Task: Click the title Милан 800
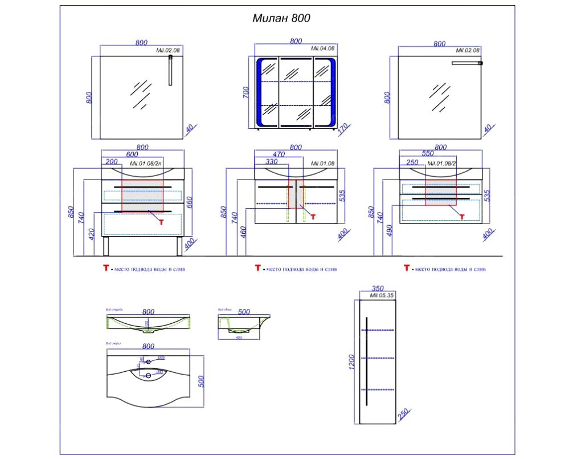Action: coord(281,18)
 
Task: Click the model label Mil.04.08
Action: coord(322,50)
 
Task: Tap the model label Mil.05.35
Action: coord(382,296)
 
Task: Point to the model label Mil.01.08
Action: coord(323,163)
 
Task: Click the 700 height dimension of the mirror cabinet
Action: coord(246,91)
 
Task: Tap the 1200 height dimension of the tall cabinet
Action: coord(351,361)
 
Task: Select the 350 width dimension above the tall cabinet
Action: coord(377,289)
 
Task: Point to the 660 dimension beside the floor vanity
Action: coord(191,202)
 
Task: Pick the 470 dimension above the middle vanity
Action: coord(278,154)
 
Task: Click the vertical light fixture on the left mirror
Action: coord(170,71)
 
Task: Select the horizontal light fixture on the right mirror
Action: coord(467,63)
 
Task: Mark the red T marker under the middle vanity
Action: coord(312,217)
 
